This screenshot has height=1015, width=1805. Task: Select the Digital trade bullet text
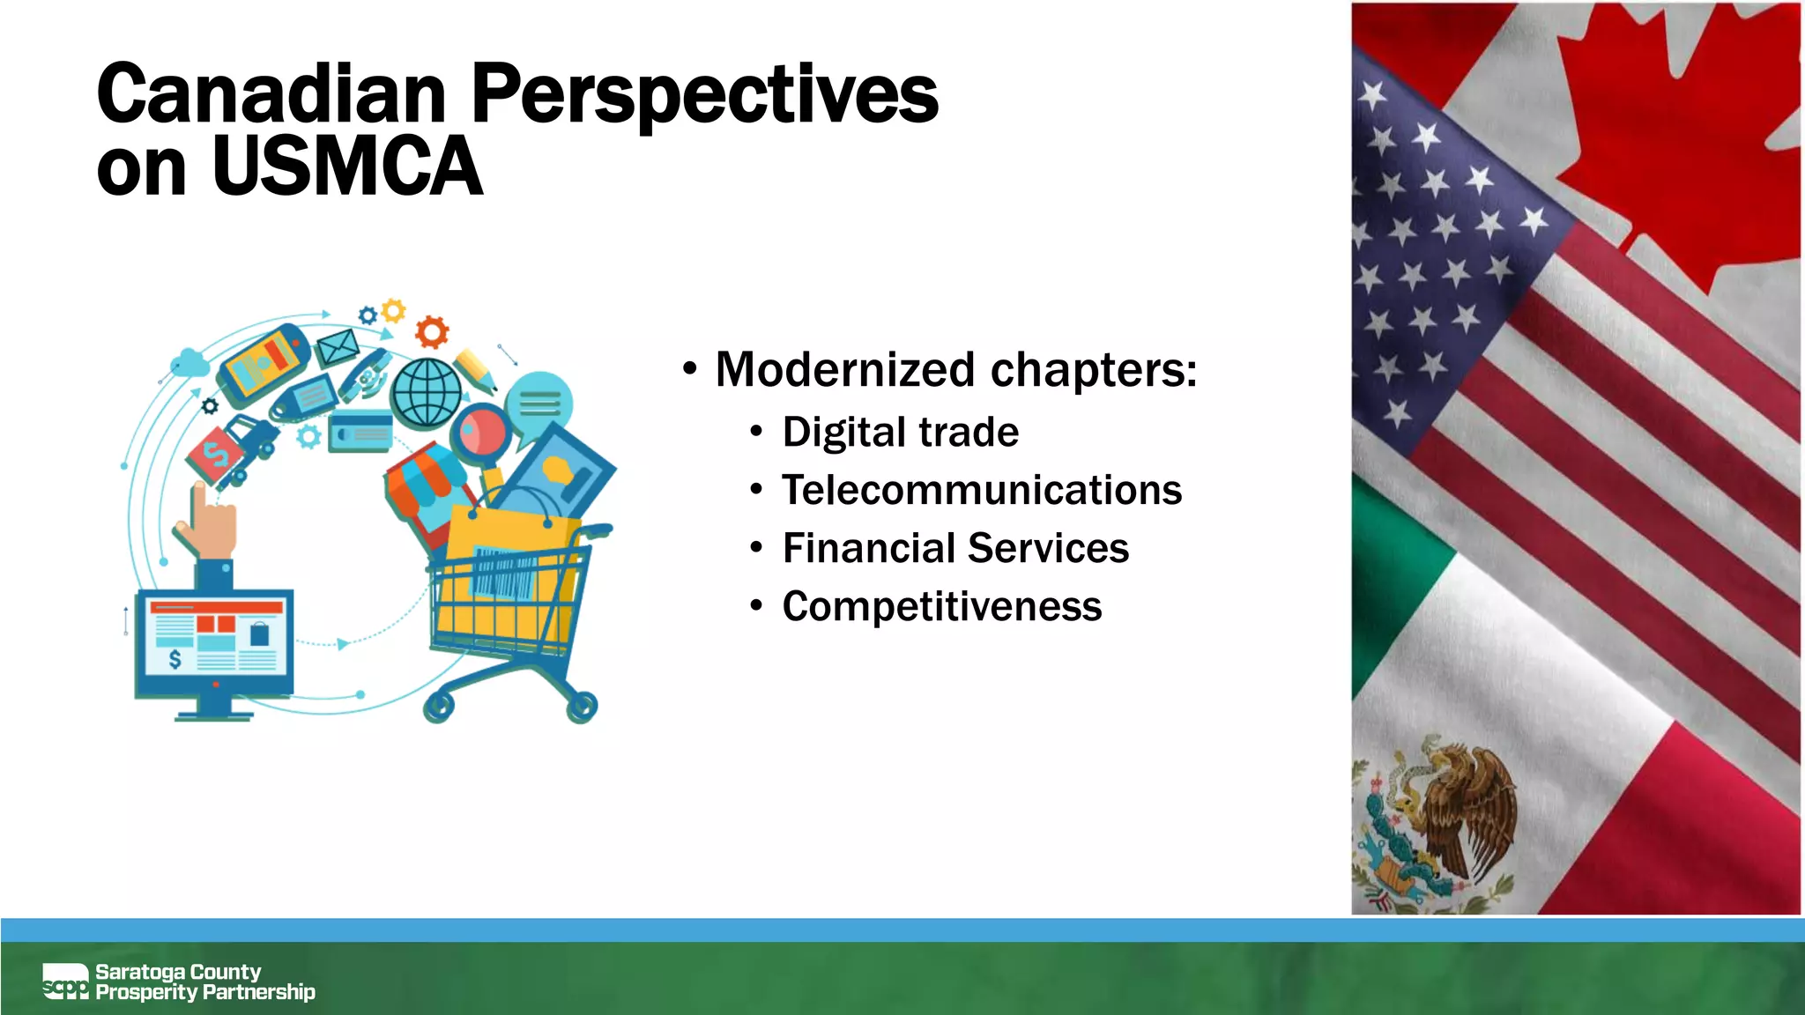point(900,432)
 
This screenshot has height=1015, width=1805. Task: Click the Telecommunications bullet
point(981,490)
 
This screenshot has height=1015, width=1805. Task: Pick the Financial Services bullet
point(955,548)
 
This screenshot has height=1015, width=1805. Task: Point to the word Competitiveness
point(941,606)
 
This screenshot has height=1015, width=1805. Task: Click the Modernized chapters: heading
point(955,369)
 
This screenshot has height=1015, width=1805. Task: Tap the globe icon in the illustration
point(427,392)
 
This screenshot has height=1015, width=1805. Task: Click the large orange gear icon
point(432,331)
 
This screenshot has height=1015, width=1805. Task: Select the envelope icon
point(338,346)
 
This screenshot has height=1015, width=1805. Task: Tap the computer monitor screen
point(215,641)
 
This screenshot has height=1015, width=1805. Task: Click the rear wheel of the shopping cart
point(439,706)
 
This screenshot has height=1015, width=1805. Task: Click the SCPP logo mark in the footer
point(65,982)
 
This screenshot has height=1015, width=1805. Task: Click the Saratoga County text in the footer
point(178,971)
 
